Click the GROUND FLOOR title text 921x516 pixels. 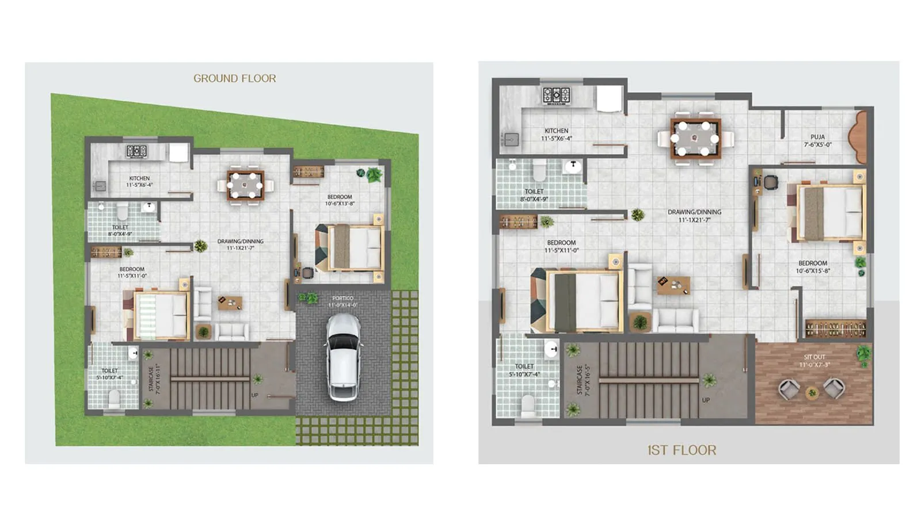(234, 78)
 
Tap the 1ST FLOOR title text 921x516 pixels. (682, 450)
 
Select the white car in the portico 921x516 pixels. (344, 357)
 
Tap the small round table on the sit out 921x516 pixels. (812, 393)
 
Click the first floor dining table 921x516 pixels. (696, 139)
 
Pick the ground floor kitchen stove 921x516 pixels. (137, 151)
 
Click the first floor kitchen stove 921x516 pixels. (557, 95)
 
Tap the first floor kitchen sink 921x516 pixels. (511, 139)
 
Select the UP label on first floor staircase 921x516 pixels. (706, 400)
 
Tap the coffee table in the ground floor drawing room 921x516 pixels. (230, 303)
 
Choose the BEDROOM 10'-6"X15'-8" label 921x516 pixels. (813, 267)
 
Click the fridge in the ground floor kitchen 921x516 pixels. (178, 152)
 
